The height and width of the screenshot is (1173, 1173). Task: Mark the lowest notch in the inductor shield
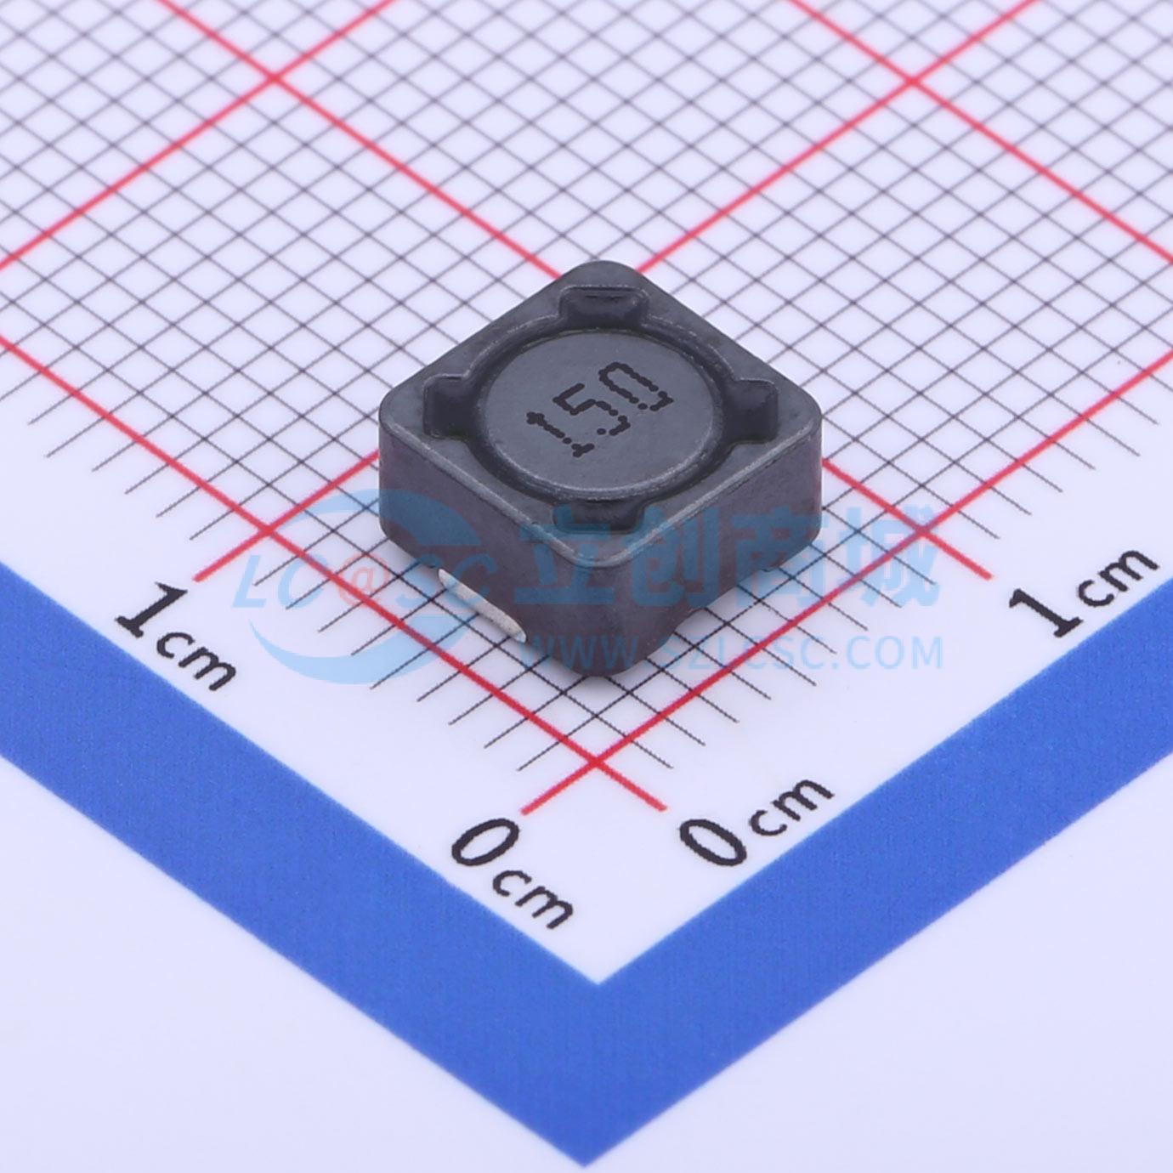603,507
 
